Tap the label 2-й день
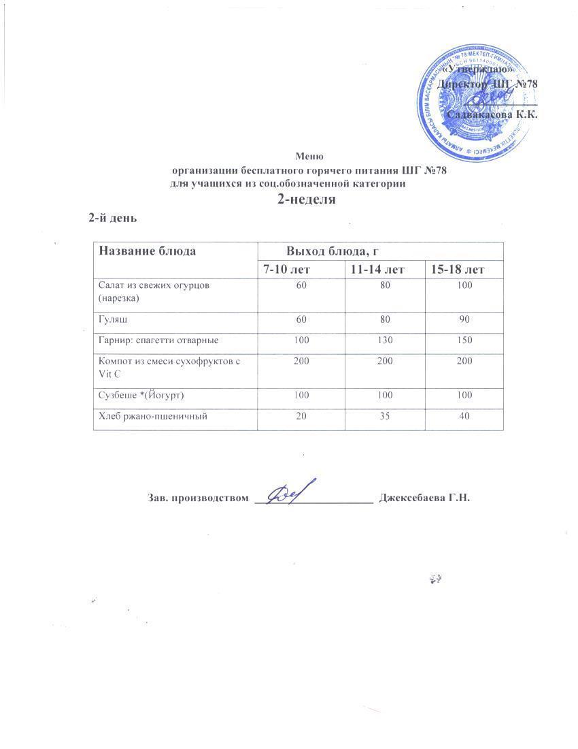pos(113,219)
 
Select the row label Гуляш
pos(113,319)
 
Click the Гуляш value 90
pos(464,319)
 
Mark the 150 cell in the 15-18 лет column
pos(464,338)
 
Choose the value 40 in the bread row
pos(465,415)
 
